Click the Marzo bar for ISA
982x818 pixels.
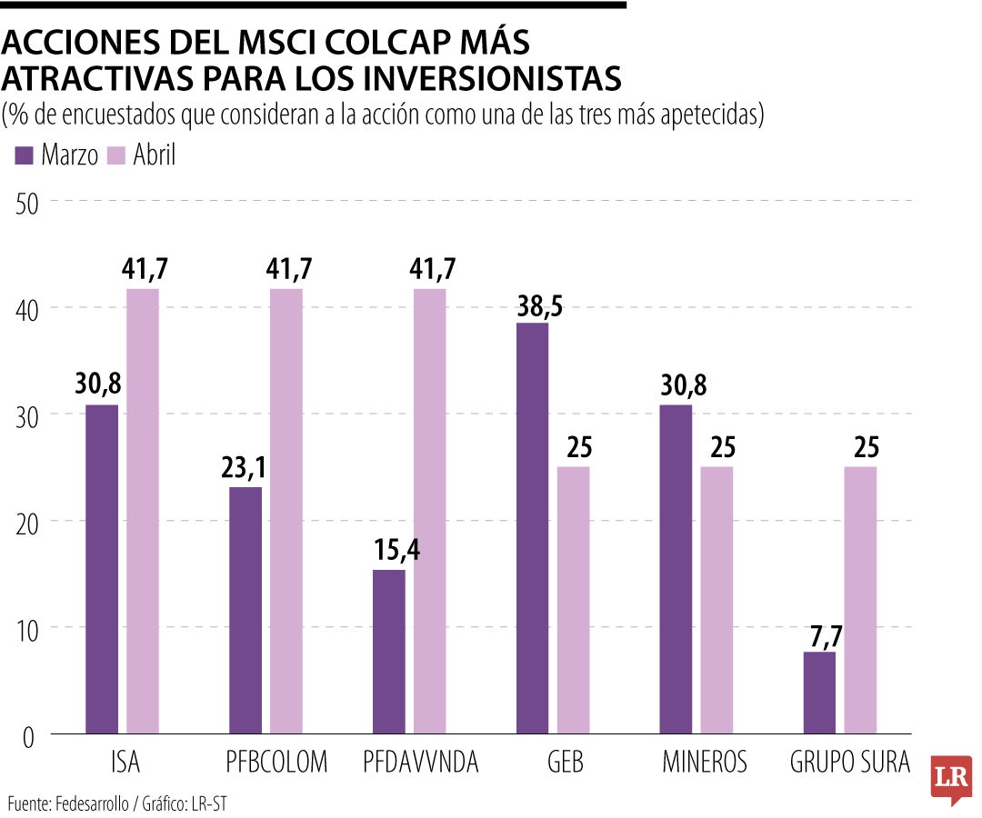102,568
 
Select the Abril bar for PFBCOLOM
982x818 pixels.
286,510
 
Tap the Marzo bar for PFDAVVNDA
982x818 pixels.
389,651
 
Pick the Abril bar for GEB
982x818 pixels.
573,599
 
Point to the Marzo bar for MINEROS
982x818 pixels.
676,568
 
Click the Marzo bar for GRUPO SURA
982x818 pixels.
819,692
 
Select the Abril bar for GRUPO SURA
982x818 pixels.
860,599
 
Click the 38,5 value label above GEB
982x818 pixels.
533,306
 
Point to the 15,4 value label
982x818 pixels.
389,552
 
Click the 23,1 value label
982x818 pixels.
245,470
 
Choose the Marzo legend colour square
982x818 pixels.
25,155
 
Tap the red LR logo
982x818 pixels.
951,777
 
